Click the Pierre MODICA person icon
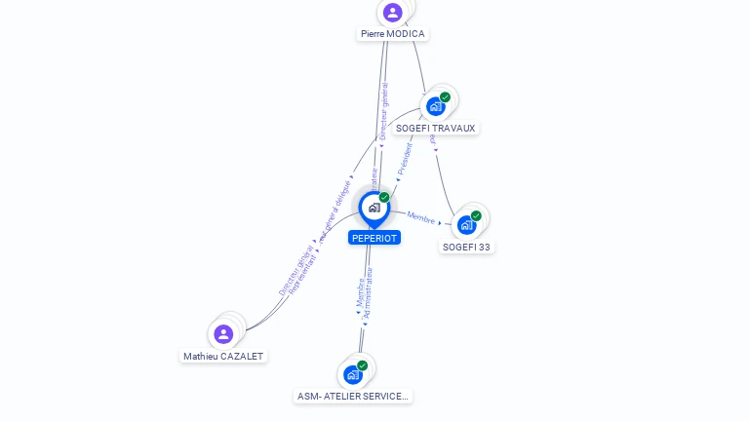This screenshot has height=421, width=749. coord(392,12)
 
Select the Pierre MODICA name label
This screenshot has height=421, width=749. coord(392,34)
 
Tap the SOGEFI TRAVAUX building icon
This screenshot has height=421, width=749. coord(436,106)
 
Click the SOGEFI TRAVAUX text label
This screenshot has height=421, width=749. coord(436,128)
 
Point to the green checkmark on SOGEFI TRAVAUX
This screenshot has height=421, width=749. coord(446,96)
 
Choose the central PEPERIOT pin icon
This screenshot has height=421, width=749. coord(374,208)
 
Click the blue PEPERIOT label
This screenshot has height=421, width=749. coord(374,238)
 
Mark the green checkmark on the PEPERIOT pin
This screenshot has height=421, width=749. coord(384,197)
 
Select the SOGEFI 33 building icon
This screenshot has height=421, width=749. coord(467,225)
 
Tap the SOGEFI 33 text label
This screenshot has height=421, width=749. coord(467,247)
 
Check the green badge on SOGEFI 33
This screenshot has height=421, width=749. coord(476,215)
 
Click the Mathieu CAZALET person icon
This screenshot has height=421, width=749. coord(223,334)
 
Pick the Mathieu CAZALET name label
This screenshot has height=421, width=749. coord(223,357)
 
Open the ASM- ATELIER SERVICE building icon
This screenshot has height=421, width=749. coord(353,374)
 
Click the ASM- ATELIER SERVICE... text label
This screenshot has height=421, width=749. coord(353,396)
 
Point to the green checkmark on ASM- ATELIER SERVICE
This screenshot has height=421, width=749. coord(363,365)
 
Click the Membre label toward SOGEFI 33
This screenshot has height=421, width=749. coord(421,218)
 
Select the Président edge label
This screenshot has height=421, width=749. coord(407,159)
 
